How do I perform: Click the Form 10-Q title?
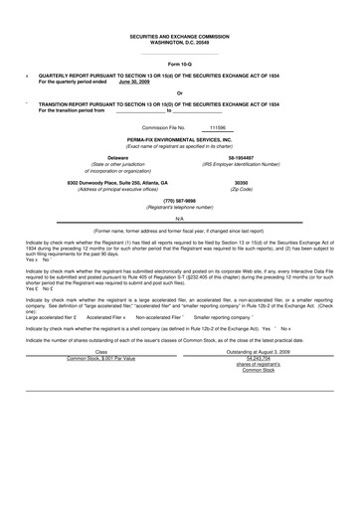[180, 65]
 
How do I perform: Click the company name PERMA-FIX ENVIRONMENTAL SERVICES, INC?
[180, 141]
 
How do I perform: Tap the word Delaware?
[117, 157]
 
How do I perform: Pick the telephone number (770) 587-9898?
[180, 201]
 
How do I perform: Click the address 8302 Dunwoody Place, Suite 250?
[117, 183]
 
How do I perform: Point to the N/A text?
[180, 218]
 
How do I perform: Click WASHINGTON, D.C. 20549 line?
[180, 42]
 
